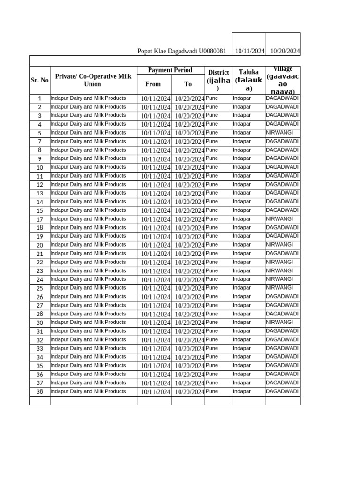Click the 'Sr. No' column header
tap(40, 80)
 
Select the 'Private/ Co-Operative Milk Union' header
tap(93, 80)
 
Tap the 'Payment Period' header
tap(170, 70)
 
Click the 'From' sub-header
tap(153, 84)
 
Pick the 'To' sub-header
tap(188, 84)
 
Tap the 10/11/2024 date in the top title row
tap(250, 51)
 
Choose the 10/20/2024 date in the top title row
tap(285, 51)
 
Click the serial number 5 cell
tap(40, 133)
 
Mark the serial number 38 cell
tap(40, 392)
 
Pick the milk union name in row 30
tap(88, 322)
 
